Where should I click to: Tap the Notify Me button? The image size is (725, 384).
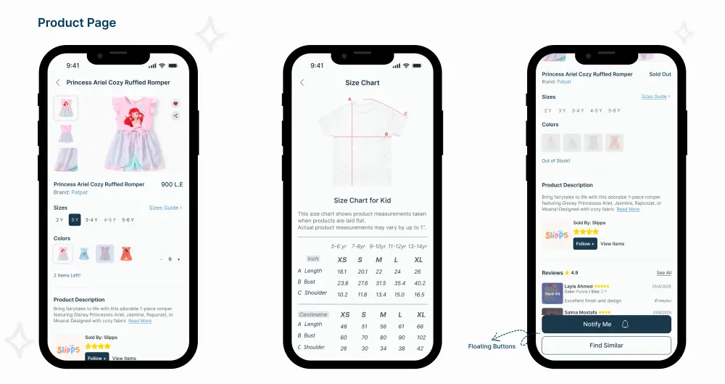tap(606, 324)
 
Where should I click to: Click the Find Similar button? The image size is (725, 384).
tap(606, 346)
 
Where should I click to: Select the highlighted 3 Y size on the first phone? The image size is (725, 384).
tap(75, 220)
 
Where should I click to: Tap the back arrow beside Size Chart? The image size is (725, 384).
tap(302, 83)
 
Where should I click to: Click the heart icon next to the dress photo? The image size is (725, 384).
tap(175, 104)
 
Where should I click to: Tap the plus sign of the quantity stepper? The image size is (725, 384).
tap(179, 259)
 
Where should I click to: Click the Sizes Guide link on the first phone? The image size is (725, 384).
tap(165, 208)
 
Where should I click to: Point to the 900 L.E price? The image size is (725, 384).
tap(171, 184)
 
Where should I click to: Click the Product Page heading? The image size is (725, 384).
tap(77, 23)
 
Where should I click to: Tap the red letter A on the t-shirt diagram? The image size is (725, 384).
tap(349, 99)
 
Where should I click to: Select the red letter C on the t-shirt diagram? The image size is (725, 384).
tap(406, 114)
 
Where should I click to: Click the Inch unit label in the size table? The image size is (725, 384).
tap(313, 259)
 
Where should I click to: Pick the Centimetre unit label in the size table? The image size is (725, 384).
tap(313, 315)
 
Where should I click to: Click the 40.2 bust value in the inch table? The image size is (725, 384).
tap(420, 283)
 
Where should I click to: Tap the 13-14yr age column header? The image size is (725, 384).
tap(417, 246)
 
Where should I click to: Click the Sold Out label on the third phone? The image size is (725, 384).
tap(660, 74)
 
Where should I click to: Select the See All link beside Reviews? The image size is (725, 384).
tap(664, 273)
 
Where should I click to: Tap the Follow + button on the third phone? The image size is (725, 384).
tap(585, 244)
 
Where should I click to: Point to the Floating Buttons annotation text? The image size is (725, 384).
tap(492, 346)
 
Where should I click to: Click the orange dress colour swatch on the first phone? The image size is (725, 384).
tap(126, 253)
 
